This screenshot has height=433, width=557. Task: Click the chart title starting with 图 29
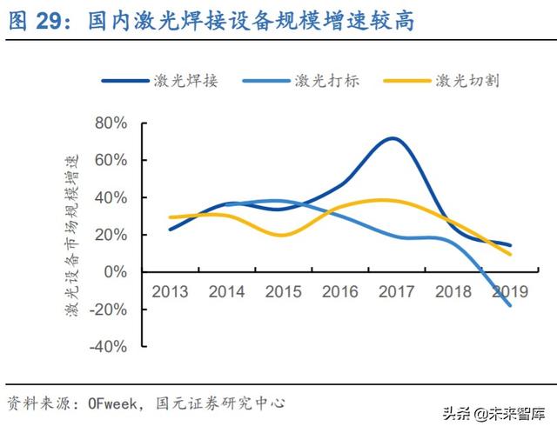[x=209, y=21]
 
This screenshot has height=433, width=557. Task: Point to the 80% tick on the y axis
[x=111, y=123]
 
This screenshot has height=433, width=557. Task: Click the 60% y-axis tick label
[x=111, y=161]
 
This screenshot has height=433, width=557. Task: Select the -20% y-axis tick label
[x=108, y=310]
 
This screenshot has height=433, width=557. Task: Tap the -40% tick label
[x=108, y=347]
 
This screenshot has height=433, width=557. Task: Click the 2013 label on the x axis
[x=170, y=290]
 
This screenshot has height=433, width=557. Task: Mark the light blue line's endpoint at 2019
[x=510, y=305]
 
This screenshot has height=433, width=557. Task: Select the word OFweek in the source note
[x=114, y=403]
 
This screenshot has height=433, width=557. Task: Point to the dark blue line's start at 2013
[x=170, y=230]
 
